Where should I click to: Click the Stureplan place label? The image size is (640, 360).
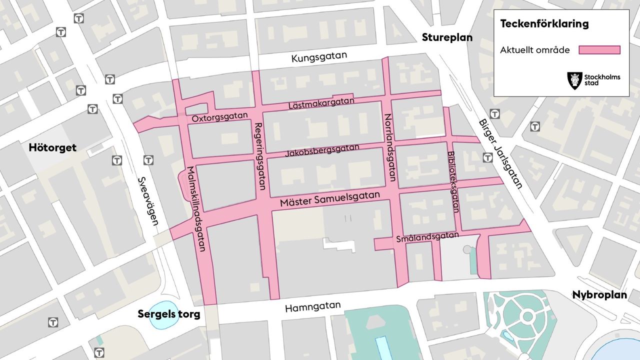(447, 37)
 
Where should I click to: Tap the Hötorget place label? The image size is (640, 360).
(52, 147)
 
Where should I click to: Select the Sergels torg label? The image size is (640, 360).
(169, 314)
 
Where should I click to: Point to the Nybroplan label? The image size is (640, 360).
(599, 295)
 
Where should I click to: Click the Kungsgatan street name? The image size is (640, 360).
(319, 57)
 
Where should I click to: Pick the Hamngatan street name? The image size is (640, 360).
(312, 306)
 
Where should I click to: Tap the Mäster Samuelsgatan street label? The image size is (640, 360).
(330, 198)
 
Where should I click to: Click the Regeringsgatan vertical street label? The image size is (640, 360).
(259, 156)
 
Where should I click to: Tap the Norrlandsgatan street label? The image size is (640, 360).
(390, 147)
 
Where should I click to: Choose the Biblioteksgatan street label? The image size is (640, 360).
(453, 182)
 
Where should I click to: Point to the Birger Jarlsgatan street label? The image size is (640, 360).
(500, 153)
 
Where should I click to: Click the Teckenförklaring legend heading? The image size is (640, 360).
(544, 24)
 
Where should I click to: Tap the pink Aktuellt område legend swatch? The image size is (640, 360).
(599, 50)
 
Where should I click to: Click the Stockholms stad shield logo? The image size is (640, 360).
(574, 80)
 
